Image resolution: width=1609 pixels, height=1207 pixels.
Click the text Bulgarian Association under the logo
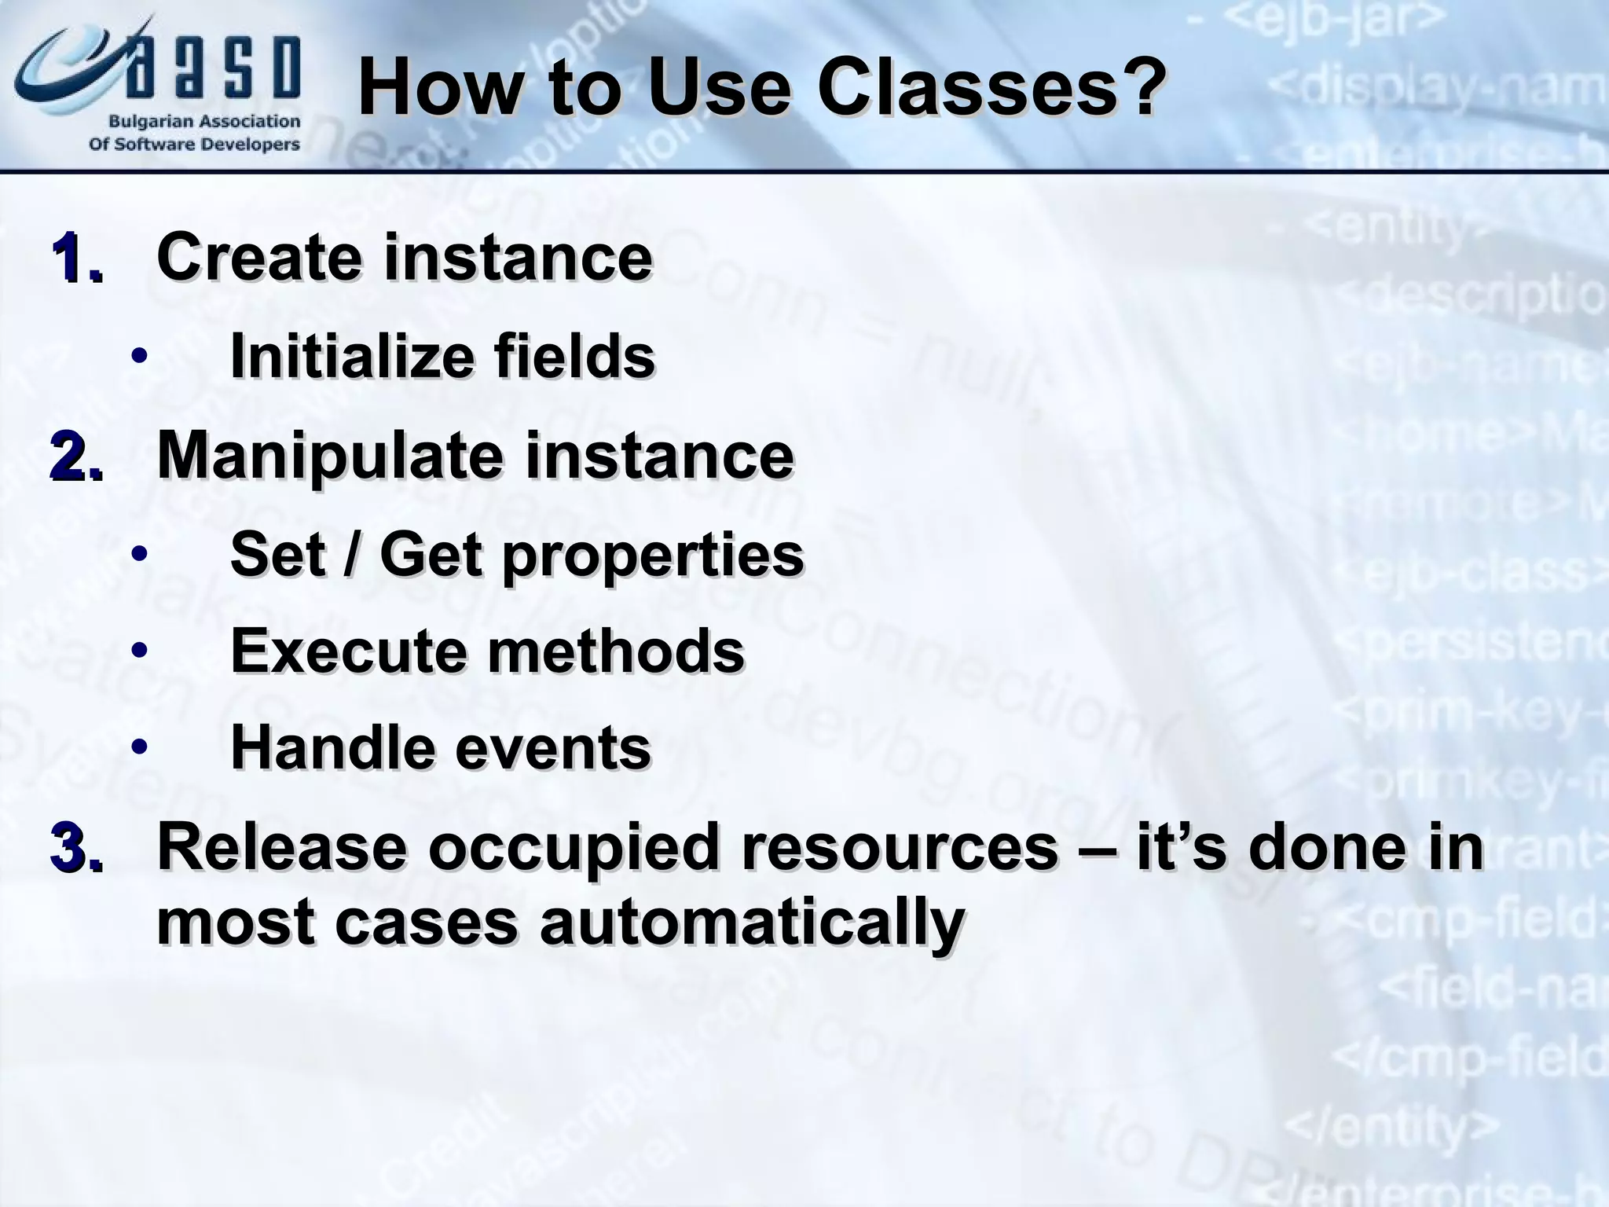[x=203, y=122]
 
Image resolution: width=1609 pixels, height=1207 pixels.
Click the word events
[x=553, y=749]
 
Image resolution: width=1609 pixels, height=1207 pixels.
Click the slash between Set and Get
[x=353, y=556]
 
